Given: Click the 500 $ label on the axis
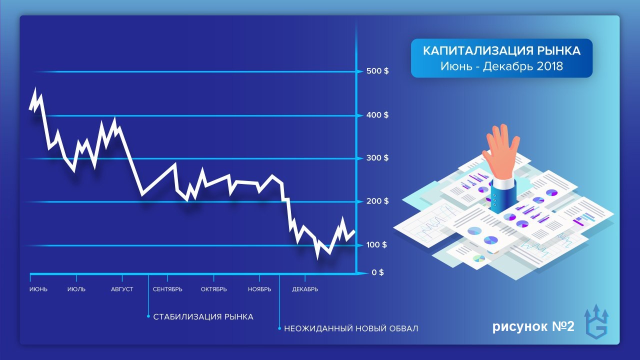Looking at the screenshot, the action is [x=377, y=71].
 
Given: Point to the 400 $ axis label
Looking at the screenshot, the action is [x=377, y=115].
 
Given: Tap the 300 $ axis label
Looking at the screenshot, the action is [x=377, y=158].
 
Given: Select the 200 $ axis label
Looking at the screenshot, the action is [x=377, y=201].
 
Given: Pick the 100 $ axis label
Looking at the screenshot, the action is [x=376, y=245].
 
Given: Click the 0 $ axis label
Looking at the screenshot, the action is [x=377, y=272].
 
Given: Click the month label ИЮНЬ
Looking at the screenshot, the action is [x=38, y=289].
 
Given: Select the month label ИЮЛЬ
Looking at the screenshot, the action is [x=76, y=289].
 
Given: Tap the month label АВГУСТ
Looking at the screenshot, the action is [x=122, y=289].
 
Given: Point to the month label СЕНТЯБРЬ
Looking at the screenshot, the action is [x=167, y=289].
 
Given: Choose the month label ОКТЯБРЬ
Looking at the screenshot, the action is [x=213, y=289].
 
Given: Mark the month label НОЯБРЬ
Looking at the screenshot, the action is [x=259, y=289].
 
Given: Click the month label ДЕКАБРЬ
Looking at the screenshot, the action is [x=305, y=289].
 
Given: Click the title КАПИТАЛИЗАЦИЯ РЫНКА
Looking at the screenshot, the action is [x=501, y=51].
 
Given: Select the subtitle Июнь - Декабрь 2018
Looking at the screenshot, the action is [x=501, y=66].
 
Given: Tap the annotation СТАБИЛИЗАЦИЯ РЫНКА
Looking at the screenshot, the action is [x=203, y=317].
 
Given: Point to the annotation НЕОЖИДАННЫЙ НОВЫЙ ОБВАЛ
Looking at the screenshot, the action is [x=351, y=328].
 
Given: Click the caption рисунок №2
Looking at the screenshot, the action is [x=533, y=326].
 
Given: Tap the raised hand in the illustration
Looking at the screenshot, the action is [x=500, y=153].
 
